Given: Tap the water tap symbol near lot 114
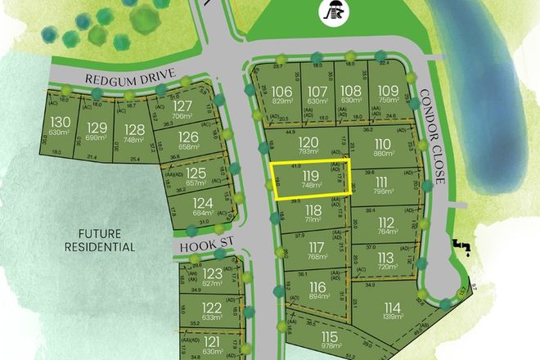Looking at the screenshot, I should pos(461,246).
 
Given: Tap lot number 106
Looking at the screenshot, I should pos(282,90).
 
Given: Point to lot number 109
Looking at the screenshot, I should pos(389,90).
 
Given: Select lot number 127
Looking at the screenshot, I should pos(183,106).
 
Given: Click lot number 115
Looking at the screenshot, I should pos(329,336).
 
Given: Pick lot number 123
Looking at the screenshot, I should pos(213,273).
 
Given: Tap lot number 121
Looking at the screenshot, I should pos(212,341).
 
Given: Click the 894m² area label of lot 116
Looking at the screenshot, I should pos(318,299).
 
